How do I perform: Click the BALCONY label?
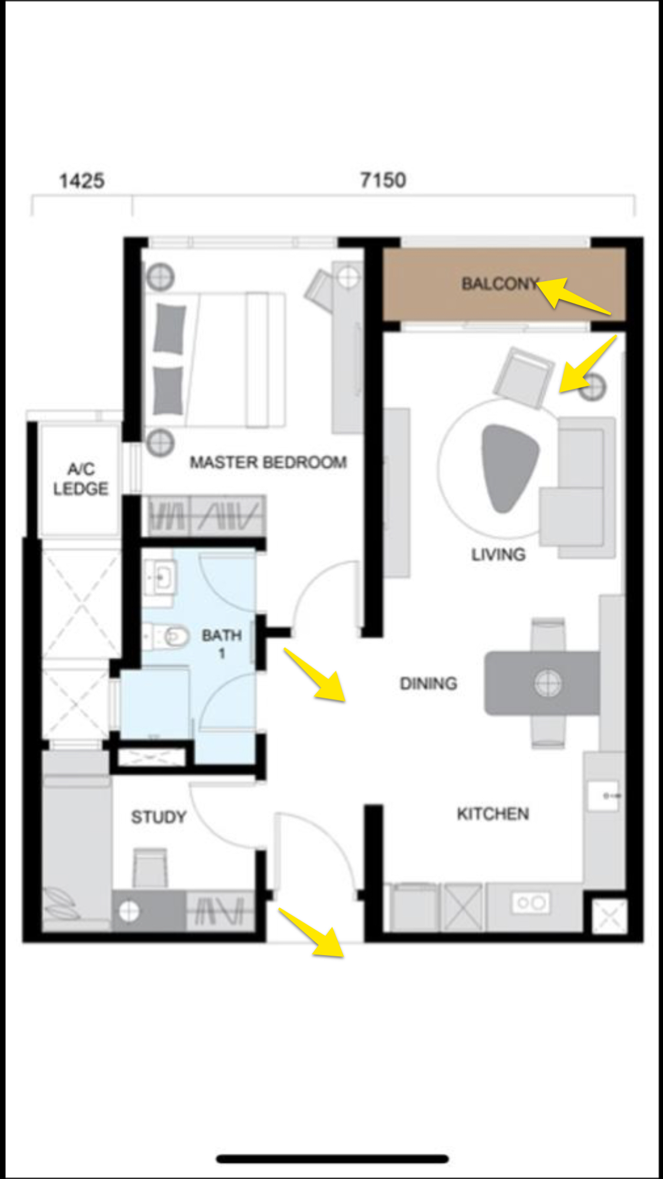pyautogui.click(x=500, y=284)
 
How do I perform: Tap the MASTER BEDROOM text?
pyautogui.click(x=268, y=463)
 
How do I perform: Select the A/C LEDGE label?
pyautogui.click(x=81, y=479)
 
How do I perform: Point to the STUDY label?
pyautogui.click(x=159, y=817)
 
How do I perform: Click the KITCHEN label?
pyautogui.click(x=493, y=814)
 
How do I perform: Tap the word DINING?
pyautogui.click(x=428, y=683)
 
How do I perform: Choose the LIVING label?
pyautogui.click(x=498, y=554)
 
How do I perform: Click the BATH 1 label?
pyautogui.click(x=222, y=644)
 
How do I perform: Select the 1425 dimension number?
pyautogui.click(x=81, y=180)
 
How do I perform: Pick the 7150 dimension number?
pyautogui.click(x=383, y=180)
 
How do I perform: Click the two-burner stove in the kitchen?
pyautogui.click(x=531, y=902)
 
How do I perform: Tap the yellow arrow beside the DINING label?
pyautogui.click(x=315, y=675)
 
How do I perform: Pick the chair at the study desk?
pyautogui.click(x=150, y=867)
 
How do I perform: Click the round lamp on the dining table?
pyautogui.click(x=548, y=683)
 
